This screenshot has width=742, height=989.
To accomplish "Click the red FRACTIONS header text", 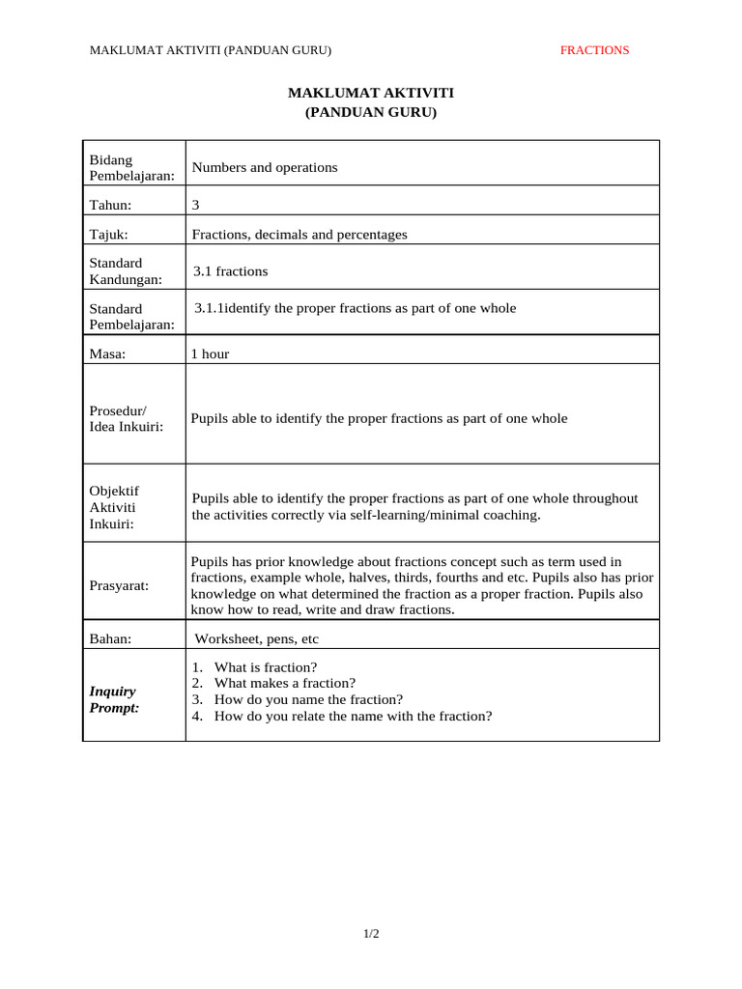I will [x=594, y=50].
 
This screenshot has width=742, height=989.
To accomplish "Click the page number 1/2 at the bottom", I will [x=371, y=933].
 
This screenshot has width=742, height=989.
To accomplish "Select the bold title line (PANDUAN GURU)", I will [x=371, y=112].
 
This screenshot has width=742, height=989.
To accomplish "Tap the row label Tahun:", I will [x=110, y=205].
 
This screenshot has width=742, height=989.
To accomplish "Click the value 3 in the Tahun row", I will [x=196, y=205].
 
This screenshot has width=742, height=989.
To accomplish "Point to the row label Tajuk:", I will [x=108, y=234].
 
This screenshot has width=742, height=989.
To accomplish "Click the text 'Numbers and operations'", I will [x=265, y=167].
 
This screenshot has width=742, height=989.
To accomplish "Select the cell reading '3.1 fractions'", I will [x=230, y=271].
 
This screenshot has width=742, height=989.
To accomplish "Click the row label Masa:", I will [x=107, y=353].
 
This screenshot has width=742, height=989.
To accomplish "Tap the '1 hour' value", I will [x=210, y=353].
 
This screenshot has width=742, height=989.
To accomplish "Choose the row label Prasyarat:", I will [x=119, y=585].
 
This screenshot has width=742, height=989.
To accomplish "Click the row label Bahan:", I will [x=110, y=638].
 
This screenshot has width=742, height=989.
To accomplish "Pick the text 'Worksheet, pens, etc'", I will [x=257, y=638].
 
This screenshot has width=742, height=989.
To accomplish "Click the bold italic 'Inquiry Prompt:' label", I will [x=114, y=699].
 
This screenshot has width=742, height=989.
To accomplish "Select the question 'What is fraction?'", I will [x=266, y=667].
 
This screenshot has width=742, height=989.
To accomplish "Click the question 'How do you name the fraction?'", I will [x=308, y=699].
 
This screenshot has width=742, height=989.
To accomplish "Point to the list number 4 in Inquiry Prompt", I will [x=196, y=716].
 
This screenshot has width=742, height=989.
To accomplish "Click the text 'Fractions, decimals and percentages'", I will [x=300, y=234].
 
